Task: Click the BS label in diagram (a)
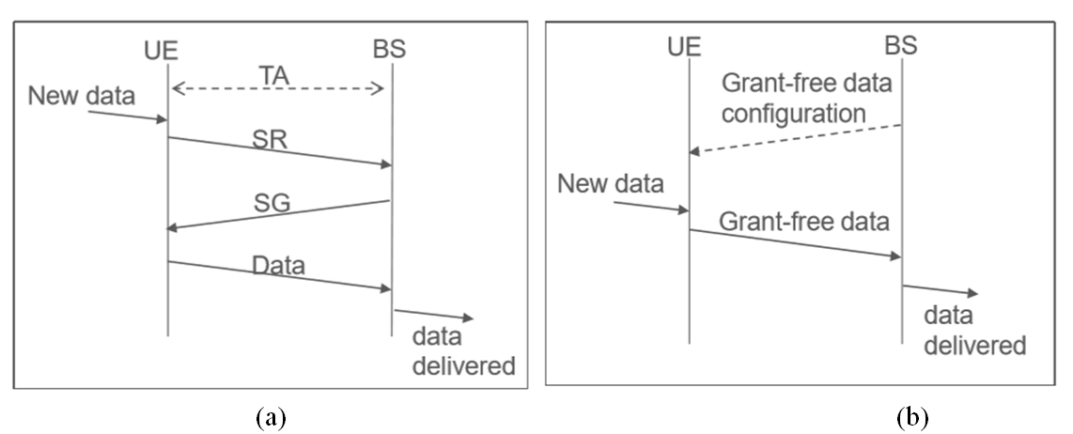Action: (x=388, y=49)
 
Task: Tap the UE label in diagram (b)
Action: (x=688, y=43)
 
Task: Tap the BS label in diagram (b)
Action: (x=901, y=43)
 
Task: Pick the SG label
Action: (x=273, y=202)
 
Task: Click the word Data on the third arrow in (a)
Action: (x=279, y=266)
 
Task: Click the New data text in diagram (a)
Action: (x=83, y=95)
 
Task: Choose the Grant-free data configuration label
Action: (x=806, y=100)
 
